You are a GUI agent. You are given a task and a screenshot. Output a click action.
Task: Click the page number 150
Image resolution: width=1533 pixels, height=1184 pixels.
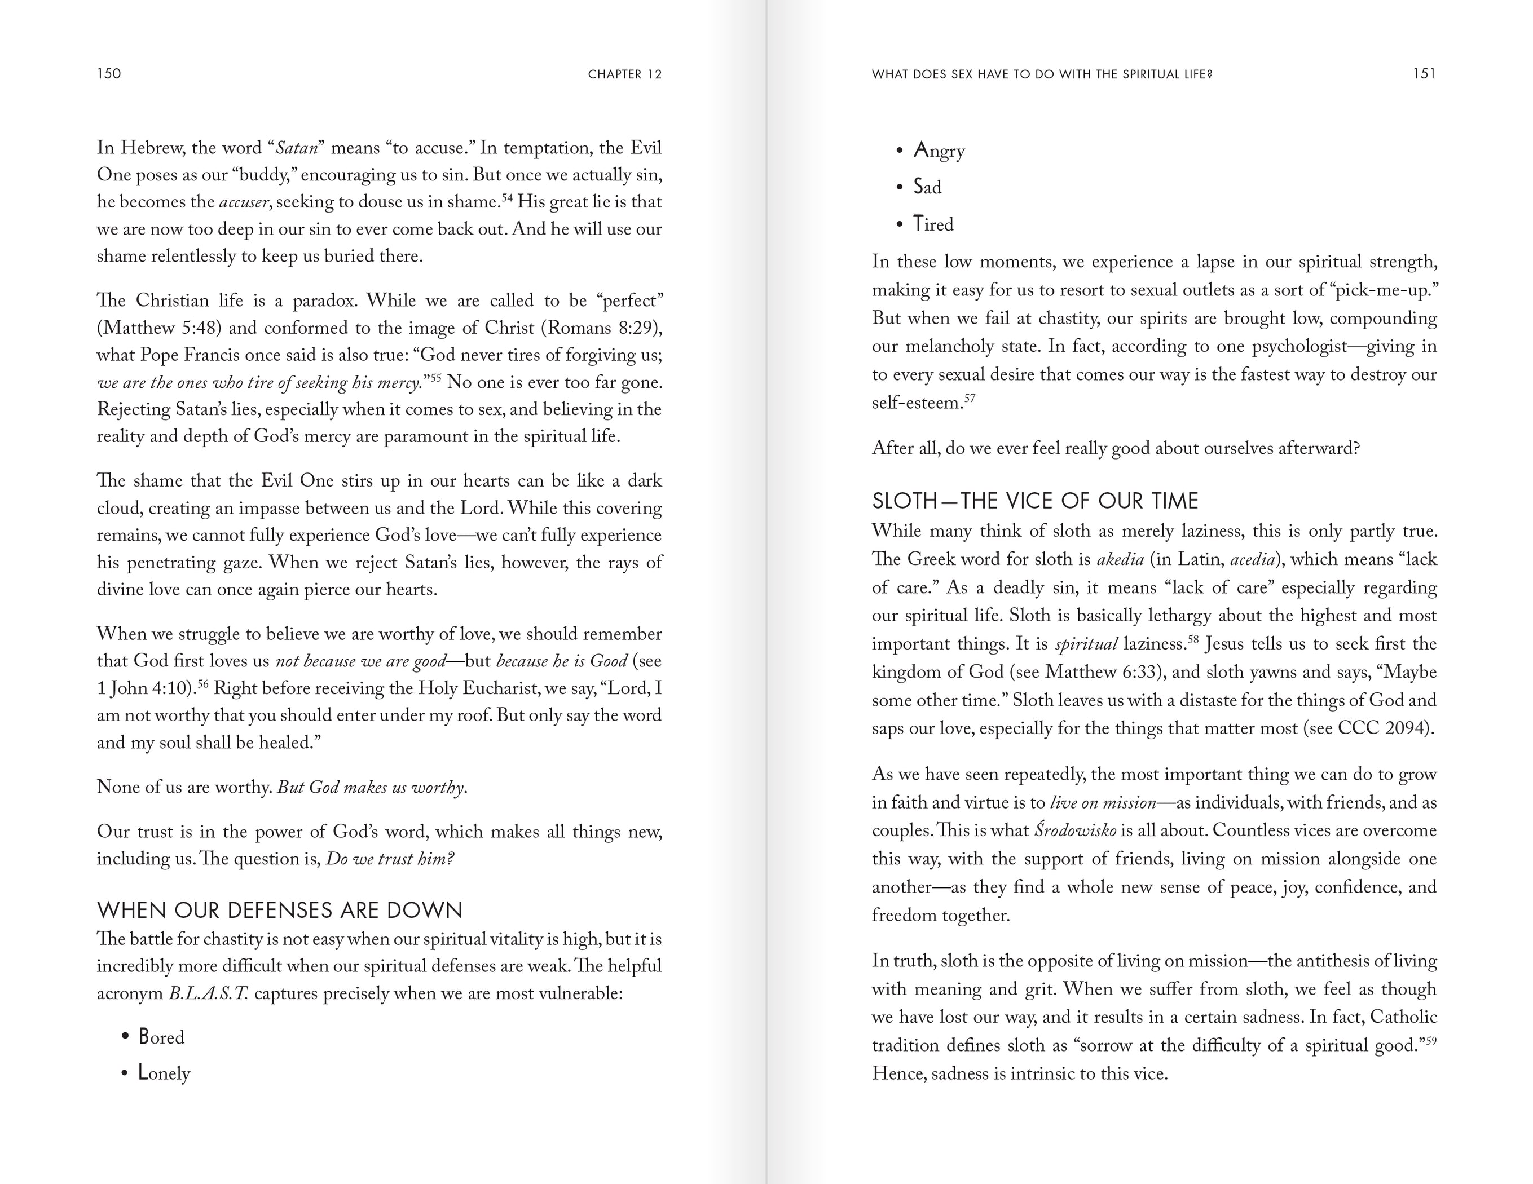[109, 74]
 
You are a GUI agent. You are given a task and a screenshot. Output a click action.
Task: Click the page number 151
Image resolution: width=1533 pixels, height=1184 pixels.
[1424, 74]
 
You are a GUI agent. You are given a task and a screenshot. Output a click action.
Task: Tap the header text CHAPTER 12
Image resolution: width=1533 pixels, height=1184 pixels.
[625, 74]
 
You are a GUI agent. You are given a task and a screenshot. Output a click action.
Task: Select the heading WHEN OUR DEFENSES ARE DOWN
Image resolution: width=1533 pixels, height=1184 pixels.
[279, 911]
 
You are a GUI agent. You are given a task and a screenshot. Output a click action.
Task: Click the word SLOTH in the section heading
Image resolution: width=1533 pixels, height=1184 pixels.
[904, 501]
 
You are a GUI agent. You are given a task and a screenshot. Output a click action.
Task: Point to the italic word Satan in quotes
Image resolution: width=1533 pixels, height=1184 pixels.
[297, 148]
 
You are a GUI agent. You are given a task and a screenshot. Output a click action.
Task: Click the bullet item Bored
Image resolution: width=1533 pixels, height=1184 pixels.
[161, 1037]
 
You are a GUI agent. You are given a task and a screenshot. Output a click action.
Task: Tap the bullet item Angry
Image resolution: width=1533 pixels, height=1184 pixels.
[939, 151]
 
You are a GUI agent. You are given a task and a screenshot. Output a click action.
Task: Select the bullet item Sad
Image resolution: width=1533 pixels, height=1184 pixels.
[927, 187]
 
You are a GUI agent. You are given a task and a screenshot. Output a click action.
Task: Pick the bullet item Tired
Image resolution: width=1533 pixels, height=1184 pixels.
[933, 224]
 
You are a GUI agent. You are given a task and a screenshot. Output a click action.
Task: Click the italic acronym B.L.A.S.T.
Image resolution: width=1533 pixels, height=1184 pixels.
[209, 994]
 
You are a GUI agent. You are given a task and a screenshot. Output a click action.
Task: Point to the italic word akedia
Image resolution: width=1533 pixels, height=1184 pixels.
[1120, 559]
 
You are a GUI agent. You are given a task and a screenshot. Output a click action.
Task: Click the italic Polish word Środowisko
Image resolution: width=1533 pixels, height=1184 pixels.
[1076, 831]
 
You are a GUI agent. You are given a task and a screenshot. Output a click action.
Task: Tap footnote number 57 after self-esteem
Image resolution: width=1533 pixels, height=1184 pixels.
[970, 399]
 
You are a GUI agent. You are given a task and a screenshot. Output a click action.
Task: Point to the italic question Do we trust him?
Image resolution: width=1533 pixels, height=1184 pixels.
[390, 859]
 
